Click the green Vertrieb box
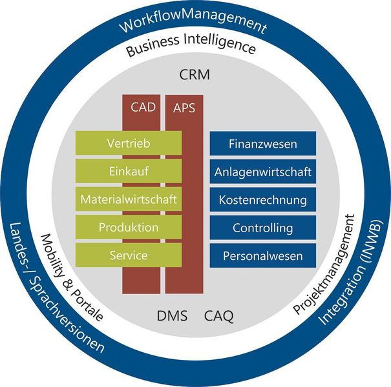point(129,144)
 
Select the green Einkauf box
point(129,172)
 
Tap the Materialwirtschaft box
point(129,199)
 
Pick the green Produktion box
point(129,227)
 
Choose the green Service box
point(129,255)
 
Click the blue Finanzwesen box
point(262,144)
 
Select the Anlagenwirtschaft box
point(262,172)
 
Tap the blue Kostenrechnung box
point(262,200)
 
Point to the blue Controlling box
point(262,228)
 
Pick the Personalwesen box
point(262,256)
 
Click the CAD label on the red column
point(143,107)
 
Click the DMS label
point(173,316)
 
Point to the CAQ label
point(219,316)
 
